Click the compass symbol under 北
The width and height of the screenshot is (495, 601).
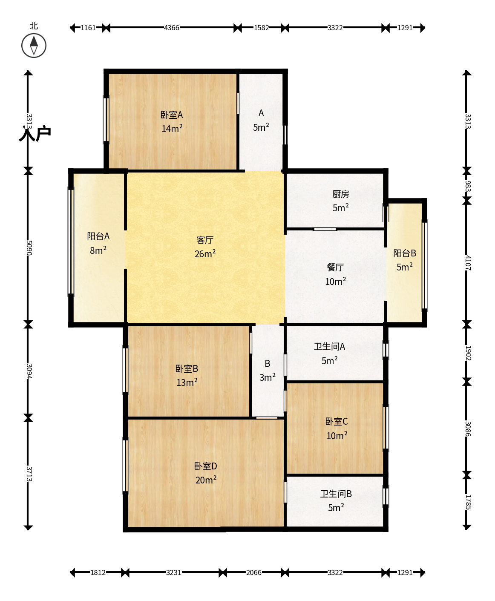pyautogui.click(x=34, y=46)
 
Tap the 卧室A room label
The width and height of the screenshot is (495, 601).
pyautogui.click(x=172, y=115)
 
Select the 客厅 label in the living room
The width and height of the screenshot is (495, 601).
pyautogui.click(x=205, y=240)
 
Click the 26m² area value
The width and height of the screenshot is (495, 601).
pyautogui.click(x=205, y=253)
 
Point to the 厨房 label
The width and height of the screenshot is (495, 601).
pyautogui.click(x=341, y=194)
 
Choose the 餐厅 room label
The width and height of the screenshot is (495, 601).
pyautogui.click(x=335, y=267)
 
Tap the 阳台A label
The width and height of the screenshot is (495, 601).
pyautogui.click(x=98, y=236)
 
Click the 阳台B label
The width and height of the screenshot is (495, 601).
pyautogui.click(x=405, y=253)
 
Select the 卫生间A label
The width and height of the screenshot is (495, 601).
pyautogui.click(x=329, y=347)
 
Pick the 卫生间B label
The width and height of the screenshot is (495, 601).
pyautogui.click(x=336, y=494)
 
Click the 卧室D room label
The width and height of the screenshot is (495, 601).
pyautogui.click(x=205, y=466)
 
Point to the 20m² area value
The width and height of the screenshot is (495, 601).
pyautogui.click(x=206, y=480)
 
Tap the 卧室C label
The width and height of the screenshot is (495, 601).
pyautogui.click(x=337, y=422)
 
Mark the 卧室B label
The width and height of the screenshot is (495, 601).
pyautogui.click(x=187, y=369)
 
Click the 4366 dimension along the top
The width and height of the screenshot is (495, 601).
pyautogui.click(x=172, y=28)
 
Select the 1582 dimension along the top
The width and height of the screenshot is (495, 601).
pyautogui.click(x=262, y=28)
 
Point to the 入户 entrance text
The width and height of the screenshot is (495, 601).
pyautogui.click(x=35, y=133)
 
